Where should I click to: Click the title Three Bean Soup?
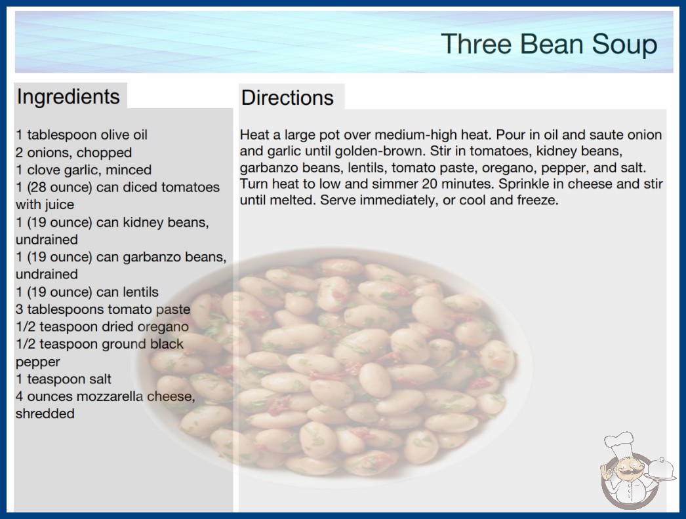549,45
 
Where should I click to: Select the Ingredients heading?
68,96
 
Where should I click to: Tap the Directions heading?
287,98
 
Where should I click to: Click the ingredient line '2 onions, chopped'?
73,153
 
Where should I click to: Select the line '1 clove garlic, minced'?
83,170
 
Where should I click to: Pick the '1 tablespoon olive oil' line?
82,135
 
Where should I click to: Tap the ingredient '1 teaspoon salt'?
64,379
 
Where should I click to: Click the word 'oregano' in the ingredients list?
163,327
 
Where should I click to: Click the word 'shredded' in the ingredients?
45,413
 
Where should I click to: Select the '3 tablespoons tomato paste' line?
103,309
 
